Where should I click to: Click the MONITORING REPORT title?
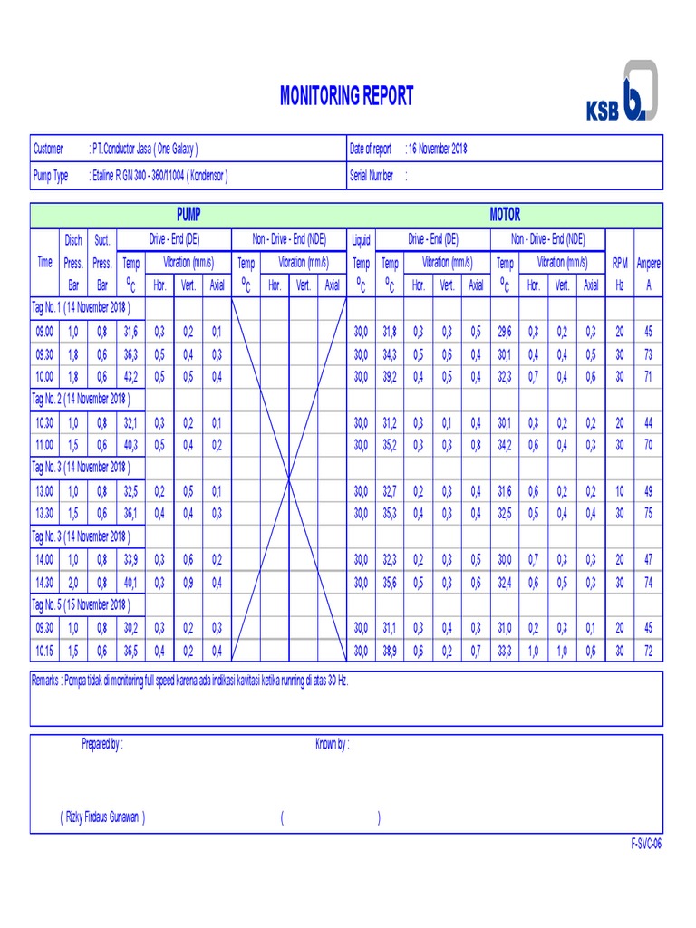coord(346,96)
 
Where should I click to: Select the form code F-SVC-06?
coord(646,844)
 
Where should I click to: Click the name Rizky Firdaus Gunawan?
coord(102,817)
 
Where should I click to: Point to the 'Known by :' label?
coord(333,744)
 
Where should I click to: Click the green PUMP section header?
coord(188,215)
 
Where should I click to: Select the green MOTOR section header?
coord(505,215)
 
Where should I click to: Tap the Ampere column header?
coord(648,263)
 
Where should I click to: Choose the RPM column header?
coord(620,263)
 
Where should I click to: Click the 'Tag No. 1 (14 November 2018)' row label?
coord(82,307)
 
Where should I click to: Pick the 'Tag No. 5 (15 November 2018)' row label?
coord(82,604)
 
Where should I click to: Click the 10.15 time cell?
coord(44,651)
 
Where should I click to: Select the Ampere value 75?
coord(648,513)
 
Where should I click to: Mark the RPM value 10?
coord(620,491)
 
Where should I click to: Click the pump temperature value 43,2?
coord(131,376)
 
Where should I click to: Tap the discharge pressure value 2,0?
coord(73,583)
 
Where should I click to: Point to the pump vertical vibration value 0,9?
coord(188,583)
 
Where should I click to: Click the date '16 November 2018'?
coord(439,149)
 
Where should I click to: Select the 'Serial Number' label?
coord(372,176)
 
